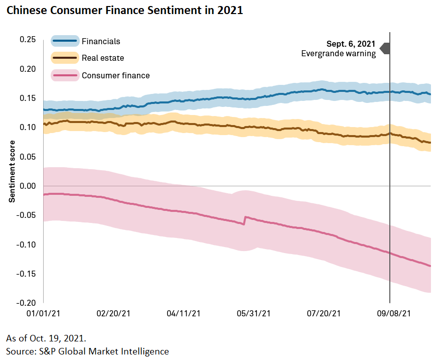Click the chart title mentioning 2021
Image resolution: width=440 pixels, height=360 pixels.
(x=124, y=11)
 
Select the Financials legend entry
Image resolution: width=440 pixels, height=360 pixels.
(x=101, y=41)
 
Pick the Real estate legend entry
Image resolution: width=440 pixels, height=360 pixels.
(x=102, y=58)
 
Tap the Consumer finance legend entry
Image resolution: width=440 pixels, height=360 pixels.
(x=115, y=75)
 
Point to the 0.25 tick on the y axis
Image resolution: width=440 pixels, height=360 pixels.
(x=27, y=40)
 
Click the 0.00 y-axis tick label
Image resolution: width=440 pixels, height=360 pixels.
(x=27, y=186)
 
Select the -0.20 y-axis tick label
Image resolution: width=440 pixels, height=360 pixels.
(x=26, y=303)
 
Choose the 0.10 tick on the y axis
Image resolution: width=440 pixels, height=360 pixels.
(x=27, y=128)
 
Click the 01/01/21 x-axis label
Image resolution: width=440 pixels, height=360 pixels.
(x=44, y=313)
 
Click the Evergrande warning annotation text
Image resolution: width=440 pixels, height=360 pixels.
(x=338, y=54)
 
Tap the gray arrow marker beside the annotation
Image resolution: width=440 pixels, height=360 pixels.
(x=385, y=48)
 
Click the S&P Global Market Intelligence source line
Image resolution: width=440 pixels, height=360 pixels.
(x=87, y=351)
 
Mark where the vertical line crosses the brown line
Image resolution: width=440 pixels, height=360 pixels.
(x=390, y=134)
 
